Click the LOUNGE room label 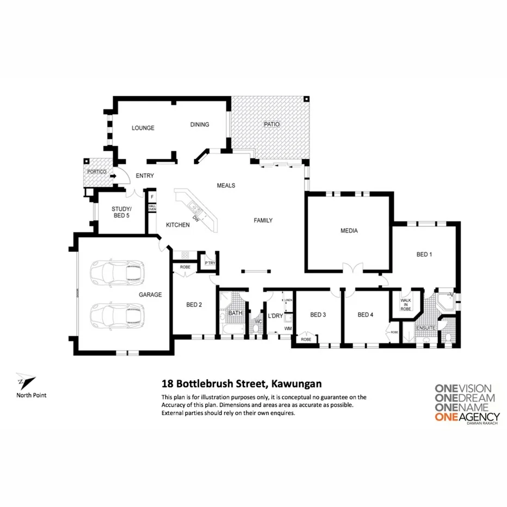(x=143, y=128)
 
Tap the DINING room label (x=200, y=125)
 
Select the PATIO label (x=271, y=124)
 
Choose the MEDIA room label (x=349, y=231)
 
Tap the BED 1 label (x=424, y=255)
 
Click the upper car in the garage (x=118, y=271)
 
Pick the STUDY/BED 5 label (x=120, y=212)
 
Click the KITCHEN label (x=178, y=225)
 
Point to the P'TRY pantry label (x=209, y=263)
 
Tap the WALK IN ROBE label (x=406, y=304)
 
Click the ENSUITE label (x=426, y=328)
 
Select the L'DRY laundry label (x=274, y=316)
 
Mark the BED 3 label (x=318, y=314)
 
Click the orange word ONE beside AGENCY (x=446, y=418)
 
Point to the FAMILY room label (x=263, y=220)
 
